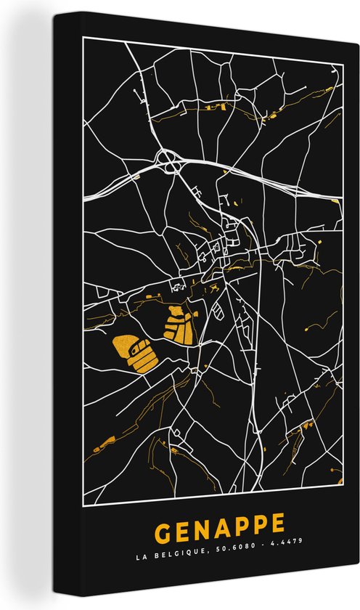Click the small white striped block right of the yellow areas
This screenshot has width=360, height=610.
click(221, 313)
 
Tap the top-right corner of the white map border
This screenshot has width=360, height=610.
click(343, 35)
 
